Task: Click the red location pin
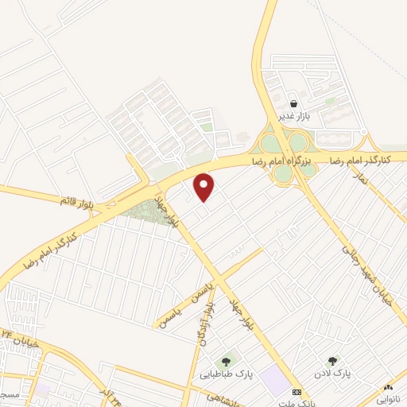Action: (204, 186)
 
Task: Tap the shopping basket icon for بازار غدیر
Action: (294, 103)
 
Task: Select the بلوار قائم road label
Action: (76, 200)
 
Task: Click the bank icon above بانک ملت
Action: (297, 393)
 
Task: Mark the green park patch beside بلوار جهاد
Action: (146, 211)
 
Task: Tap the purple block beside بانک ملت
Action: (276, 381)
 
